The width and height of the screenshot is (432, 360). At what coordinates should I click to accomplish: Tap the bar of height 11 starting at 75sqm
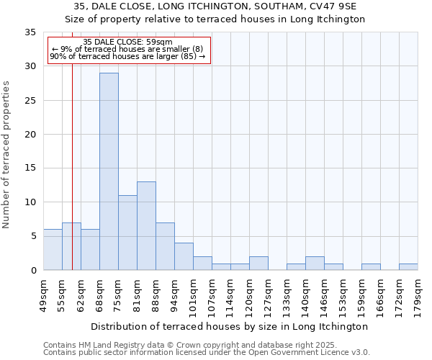[x=127, y=233]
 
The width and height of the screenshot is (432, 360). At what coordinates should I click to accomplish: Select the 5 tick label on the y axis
[x=32, y=236]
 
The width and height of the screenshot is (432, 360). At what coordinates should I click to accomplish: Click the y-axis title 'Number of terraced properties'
[x=7, y=155]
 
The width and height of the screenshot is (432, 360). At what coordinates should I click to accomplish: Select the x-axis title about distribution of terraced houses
[x=230, y=326]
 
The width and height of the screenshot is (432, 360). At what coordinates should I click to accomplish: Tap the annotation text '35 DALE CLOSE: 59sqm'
[x=127, y=42]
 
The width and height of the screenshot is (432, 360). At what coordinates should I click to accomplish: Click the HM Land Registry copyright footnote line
[x=205, y=345]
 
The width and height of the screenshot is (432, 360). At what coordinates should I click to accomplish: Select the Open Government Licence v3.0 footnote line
[x=207, y=352]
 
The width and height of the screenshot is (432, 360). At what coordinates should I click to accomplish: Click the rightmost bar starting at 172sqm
[x=408, y=266]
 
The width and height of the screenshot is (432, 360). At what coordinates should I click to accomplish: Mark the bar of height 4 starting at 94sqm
[x=184, y=256]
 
